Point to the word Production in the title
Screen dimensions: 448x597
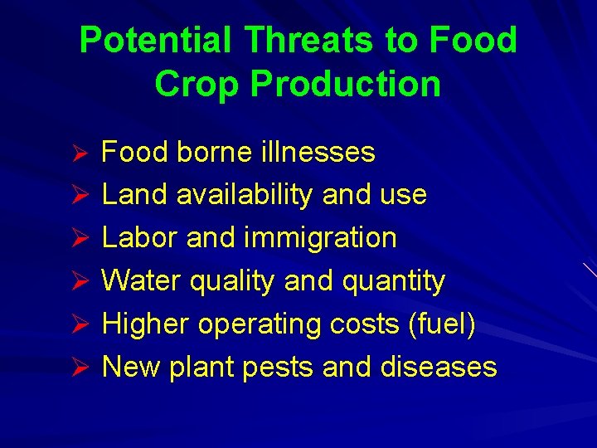click(346, 84)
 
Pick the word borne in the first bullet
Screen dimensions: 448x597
click(214, 152)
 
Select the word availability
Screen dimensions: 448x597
click(245, 195)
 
